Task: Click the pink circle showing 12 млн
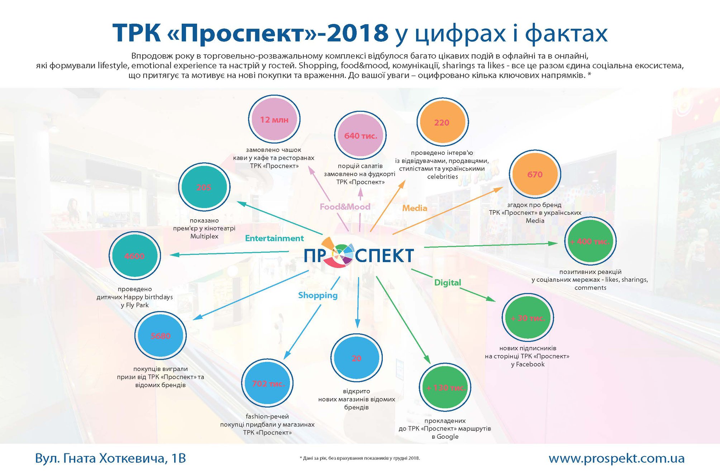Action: click(x=274, y=119)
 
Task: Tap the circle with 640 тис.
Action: click(x=361, y=135)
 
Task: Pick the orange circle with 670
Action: click(x=535, y=175)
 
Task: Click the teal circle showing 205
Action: click(x=204, y=187)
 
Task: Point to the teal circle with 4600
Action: click(x=135, y=256)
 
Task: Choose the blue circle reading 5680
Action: click(x=161, y=335)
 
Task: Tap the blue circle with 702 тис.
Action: click(x=267, y=384)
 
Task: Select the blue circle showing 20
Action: click(x=357, y=358)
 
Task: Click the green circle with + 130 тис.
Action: click(x=445, y=387)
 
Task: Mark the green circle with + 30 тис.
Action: click(x=528, y=318)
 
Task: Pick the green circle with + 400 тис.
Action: click(x=591, y=242)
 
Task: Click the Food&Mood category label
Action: click(x=345, y=207)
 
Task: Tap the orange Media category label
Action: click(x=415, y=208)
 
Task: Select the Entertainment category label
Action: click(x=274, y=238)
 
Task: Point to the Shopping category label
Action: click(x=318, y=296)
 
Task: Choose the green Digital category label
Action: click(x=448, y=283)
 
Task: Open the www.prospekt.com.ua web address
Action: click(x=616, y=458)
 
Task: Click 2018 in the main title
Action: click(x=358, y=33)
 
